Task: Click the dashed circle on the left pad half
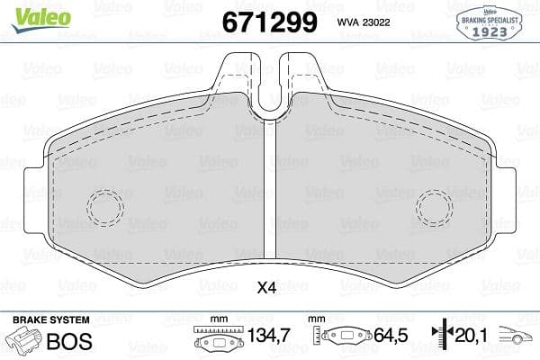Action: (104, 208)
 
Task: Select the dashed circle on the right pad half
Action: (434, 208)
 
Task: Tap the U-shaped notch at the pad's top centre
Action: (269, 94)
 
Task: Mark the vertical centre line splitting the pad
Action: (269, 198)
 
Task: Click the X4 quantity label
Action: (266, 288)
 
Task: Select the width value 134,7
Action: (267, 336)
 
